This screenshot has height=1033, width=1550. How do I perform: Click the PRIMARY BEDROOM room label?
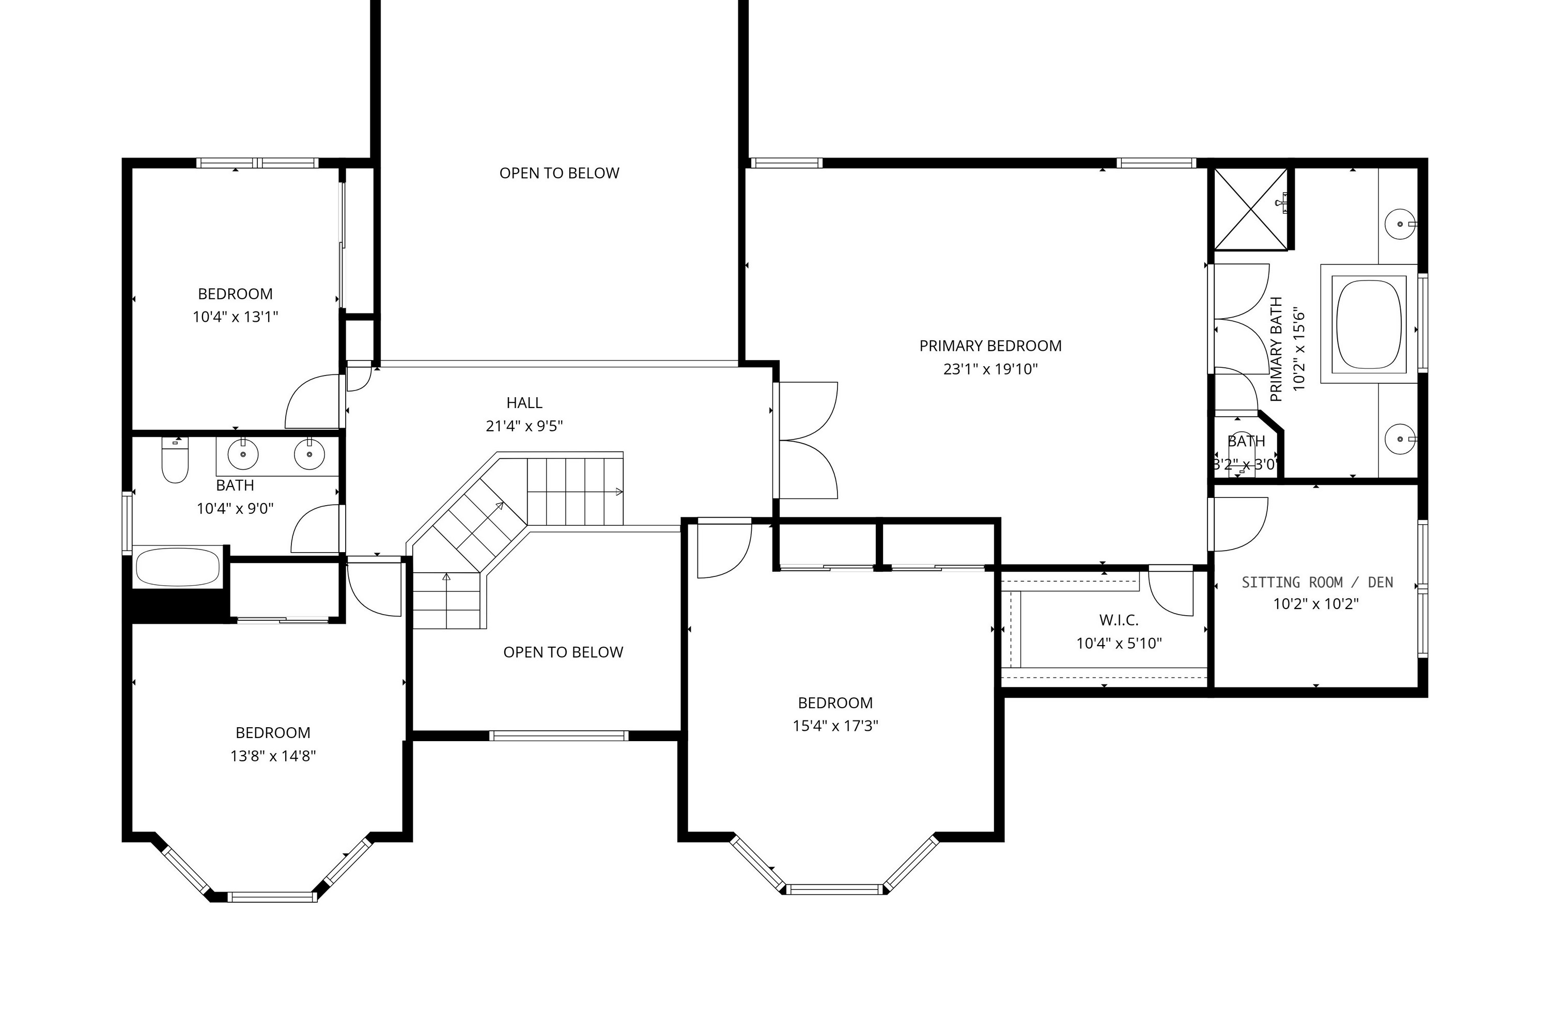tap(990, 346)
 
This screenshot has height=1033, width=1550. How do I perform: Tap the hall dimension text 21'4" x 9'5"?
tap(524, 426)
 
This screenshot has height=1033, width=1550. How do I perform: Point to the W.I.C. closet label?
tap(1119, 620)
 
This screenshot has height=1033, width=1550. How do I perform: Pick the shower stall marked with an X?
tap(1250, 209)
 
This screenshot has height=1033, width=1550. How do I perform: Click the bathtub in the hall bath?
tap(177, 566)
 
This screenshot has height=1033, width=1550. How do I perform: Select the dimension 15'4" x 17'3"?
tap(835, 726)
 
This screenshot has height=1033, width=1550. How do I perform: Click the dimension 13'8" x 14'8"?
tap(273, 756)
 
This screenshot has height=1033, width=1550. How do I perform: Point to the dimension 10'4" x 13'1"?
tap(235, 317)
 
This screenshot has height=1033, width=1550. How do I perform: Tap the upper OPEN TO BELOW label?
tap(559, 173)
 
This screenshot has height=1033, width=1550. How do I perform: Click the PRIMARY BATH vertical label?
tap(1277, 349)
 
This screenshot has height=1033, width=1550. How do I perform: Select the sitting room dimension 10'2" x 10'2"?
tap(1316, 603)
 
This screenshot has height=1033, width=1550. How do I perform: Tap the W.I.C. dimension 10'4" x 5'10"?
tap(1119, 643)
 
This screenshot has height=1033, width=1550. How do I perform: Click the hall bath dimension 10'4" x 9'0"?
tap(235, 509)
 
